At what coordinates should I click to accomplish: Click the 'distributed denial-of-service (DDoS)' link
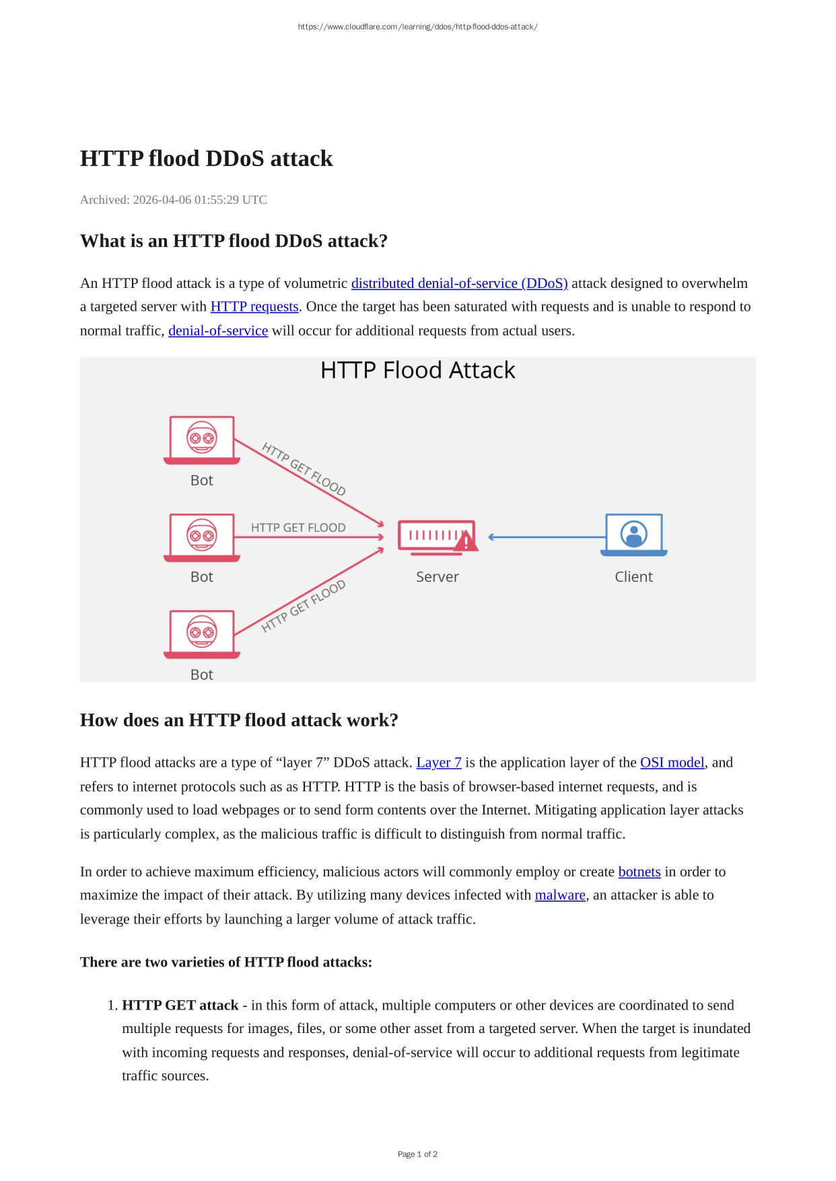coord(459,283)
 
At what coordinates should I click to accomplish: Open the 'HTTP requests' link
coord(254,307)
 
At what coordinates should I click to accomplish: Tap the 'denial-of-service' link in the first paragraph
coord(218,331)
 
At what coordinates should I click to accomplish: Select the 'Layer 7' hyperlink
coord(439,763)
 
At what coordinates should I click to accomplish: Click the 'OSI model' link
coord(672,763)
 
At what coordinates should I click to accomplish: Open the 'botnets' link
coord(639,872)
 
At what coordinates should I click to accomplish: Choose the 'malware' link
coord(560,895)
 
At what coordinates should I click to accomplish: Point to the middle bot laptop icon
coord(202,537)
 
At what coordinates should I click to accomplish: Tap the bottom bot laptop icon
coord(202,634)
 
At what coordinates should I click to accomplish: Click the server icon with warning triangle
coord(438,537)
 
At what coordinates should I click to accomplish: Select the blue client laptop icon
coord(633,535)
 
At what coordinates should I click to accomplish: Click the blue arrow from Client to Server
coord(545,537)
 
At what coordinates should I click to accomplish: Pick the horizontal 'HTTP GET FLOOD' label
coord(298,527)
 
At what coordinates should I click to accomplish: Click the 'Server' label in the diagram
coord(438,577)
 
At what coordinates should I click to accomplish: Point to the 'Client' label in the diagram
coord(633,577)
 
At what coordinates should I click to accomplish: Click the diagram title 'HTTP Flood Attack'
coord(417,371)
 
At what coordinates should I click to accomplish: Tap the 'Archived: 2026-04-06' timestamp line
coord(174,200)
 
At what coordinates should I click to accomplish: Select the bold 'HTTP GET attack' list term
coord(180,1005)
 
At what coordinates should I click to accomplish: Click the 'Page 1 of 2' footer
coord(417,1154)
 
